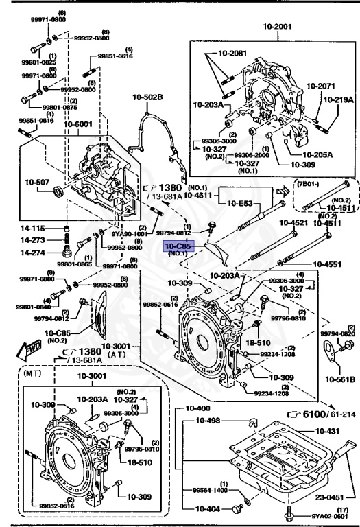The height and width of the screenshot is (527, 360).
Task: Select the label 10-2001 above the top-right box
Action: [277, 27]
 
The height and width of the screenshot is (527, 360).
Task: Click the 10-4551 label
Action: [332, 263]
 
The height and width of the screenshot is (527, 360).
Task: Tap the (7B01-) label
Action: [310, 184]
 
